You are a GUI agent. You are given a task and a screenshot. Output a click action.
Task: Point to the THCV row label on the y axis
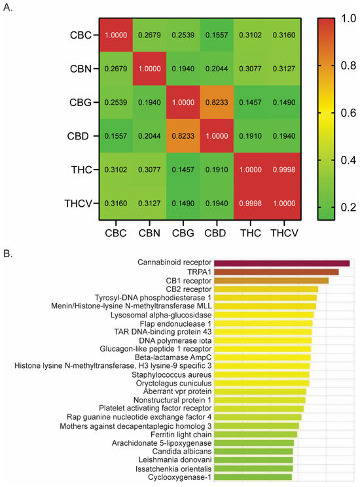81,202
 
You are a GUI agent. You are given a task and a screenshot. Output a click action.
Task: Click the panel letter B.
8,250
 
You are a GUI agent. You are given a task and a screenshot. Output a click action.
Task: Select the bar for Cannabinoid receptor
281,263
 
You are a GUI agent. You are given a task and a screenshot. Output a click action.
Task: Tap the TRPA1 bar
276,272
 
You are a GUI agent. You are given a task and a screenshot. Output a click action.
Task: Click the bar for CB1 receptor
271,280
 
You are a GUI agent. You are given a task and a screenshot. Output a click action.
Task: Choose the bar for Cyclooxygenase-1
253,477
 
